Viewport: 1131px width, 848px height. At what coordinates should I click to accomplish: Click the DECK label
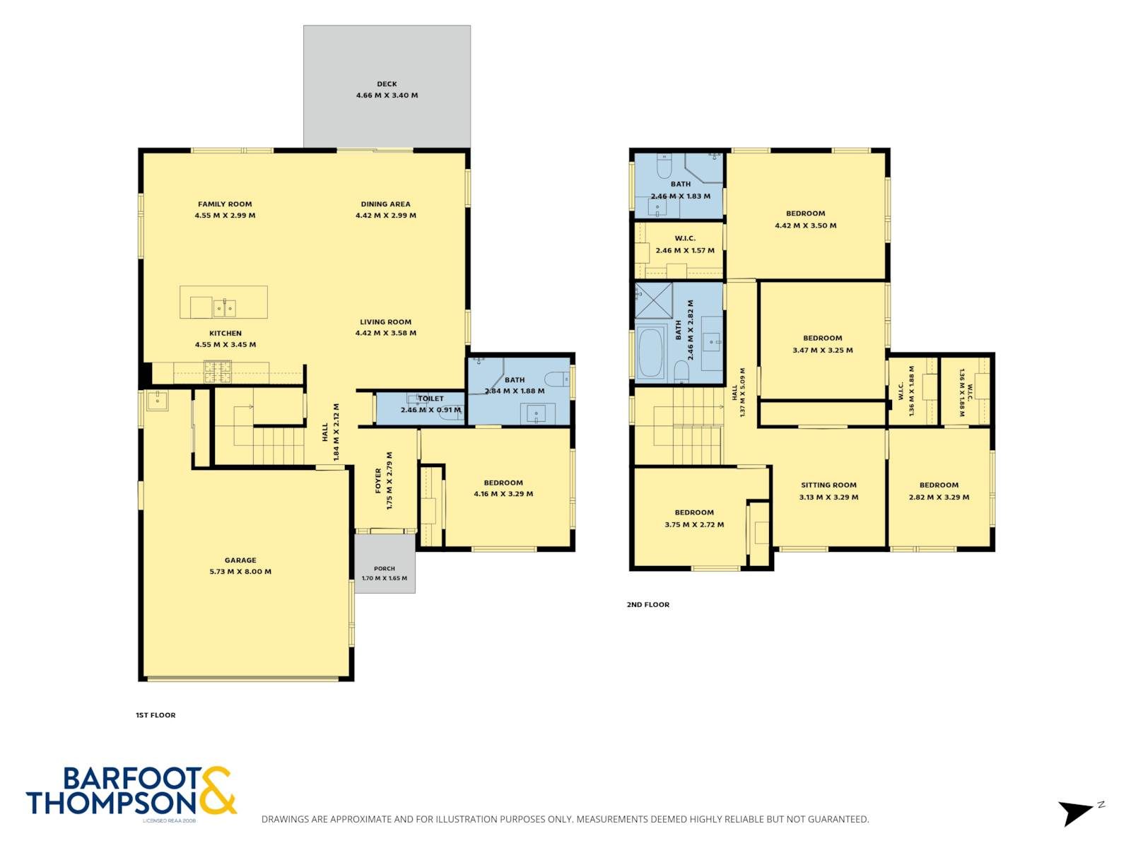pyautogui.click(x=387, y=84)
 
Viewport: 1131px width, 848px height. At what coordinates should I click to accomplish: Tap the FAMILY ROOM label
pyautogui.click(x=225, y=204)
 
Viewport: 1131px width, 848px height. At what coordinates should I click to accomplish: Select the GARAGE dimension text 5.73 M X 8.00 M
pyautogui.click(x=240, y=571)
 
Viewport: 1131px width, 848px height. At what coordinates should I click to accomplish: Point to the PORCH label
pyautogui.click(x=385, y=568)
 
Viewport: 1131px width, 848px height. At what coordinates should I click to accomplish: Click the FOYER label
pyautogui.click(x=378, y=481)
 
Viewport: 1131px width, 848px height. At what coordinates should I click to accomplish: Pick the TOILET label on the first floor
pyautogui.click(x=430, y=398)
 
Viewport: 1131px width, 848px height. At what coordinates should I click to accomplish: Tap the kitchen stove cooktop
pyautogui.click(x=218, y=371)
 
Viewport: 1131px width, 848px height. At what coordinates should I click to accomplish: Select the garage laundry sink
pyautogui.click(x=156, y=399)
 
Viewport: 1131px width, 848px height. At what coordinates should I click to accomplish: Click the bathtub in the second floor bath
pyautogui.click(x=650, y=353)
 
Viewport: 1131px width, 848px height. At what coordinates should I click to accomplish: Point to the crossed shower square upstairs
pyautogui.click(x=653, y=300)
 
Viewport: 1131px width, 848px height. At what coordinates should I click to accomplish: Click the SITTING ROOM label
pyautogui.click(x=828, y=485)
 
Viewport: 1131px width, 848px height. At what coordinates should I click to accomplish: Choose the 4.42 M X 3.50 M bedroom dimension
pyautogui.click(x=805, y=225)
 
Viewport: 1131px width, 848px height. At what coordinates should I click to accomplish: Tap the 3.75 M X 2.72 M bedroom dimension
pyautogui.click(x=694, y=524)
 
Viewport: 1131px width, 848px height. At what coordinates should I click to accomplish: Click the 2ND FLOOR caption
pyautogui.click(x=647, y=604)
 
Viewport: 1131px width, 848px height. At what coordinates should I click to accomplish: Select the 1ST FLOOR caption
pyautogui.click(x=156, y=714)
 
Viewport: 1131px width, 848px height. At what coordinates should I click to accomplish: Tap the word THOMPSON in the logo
pyautogui.click(x=111, y=802)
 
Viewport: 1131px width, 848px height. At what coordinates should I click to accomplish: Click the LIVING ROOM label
pyautogui.click(x=385, y=322)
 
